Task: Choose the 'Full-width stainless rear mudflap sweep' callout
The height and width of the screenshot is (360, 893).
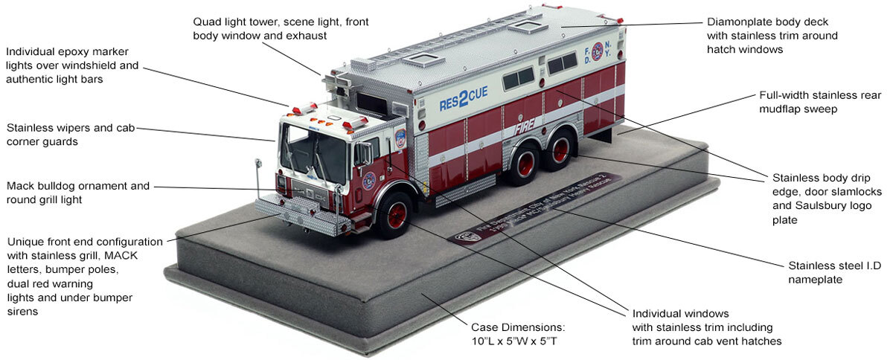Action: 821,102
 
